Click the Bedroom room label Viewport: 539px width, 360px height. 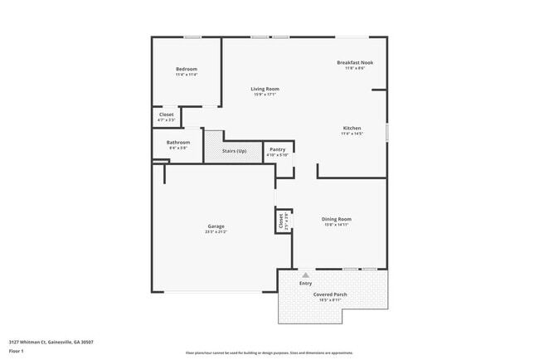coord(186,69)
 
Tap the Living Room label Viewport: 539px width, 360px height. coord(265,89)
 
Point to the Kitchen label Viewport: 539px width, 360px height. coord(352,128)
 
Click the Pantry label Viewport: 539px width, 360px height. coord(277,149)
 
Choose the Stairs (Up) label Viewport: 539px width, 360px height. coord(235,151)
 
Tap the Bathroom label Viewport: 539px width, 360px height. coord(177,142)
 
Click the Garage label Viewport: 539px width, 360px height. coord(216,226)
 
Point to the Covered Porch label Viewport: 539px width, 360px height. coord(329,294)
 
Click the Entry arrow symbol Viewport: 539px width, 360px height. coord(305,275)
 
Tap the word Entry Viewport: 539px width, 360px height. coord(305,284)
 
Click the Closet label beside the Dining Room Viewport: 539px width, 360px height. coord(281,221)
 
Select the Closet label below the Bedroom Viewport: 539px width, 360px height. coord(166,114)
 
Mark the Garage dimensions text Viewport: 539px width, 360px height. coord(216,232)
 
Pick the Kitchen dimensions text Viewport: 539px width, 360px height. coord(352,134)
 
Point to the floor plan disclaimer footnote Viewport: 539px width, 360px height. coord(269,353)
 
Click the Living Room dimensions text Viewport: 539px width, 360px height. coord(265,95)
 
